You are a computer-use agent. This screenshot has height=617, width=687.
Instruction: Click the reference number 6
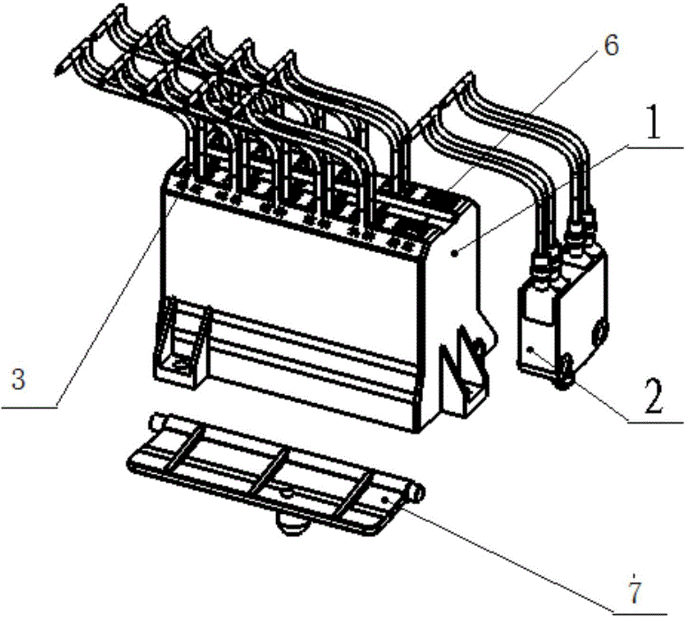[611, 45]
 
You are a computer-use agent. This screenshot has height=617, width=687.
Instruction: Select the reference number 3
[19, 380]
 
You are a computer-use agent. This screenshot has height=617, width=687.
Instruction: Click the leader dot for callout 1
[456, 252]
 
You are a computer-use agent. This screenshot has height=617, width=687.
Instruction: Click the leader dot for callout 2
[532, 349]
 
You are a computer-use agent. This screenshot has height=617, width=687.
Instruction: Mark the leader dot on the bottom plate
[385, 499]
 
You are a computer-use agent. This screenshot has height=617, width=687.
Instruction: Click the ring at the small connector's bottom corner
[564, 371]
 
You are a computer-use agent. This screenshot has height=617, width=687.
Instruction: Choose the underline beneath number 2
[655, 422]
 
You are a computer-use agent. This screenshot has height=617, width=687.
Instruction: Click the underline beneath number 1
[655, 146]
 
